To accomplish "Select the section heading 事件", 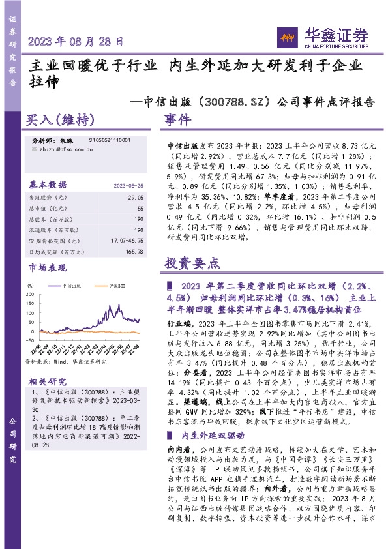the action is (x=177, y=121).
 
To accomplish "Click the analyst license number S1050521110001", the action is (x=109, y=140).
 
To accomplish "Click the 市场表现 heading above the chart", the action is (x=48, y=267).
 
